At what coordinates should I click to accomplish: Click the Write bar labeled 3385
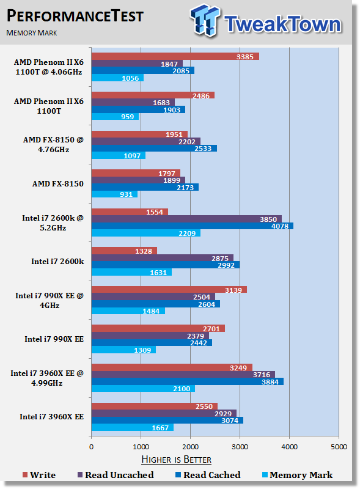tap(175, 56)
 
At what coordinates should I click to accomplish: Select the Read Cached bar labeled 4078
tap(193, 226)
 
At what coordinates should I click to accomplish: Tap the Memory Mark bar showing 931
tap(114, 194)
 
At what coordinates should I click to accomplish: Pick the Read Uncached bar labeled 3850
tap(186, 219)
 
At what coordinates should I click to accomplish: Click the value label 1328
tap(144, 251)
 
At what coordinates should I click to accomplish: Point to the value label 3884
tap(270, 381)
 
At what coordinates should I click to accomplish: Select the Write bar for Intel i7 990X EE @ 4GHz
tap(169, 290)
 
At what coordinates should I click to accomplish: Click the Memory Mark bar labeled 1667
tap(133, 427)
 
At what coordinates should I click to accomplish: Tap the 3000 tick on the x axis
tap(240, 447)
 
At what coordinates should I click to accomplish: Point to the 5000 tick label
tap(339, 447)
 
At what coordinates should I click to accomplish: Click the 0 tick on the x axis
tap(92, 447)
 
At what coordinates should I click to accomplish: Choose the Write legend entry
tap(39, 475)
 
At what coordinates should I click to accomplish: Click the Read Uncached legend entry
tap(116, 475)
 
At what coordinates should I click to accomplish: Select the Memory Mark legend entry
tap(298, 475)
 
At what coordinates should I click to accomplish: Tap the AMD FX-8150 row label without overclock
tap(58, 184)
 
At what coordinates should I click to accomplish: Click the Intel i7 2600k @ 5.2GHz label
tap(53, 223)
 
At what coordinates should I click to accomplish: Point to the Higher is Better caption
tap(177, 460)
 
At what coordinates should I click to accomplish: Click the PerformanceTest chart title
tap(75, 16)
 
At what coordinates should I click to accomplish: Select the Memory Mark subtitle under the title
tap(32, 33)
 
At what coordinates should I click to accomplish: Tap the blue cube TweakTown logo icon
tap(205, 20)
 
